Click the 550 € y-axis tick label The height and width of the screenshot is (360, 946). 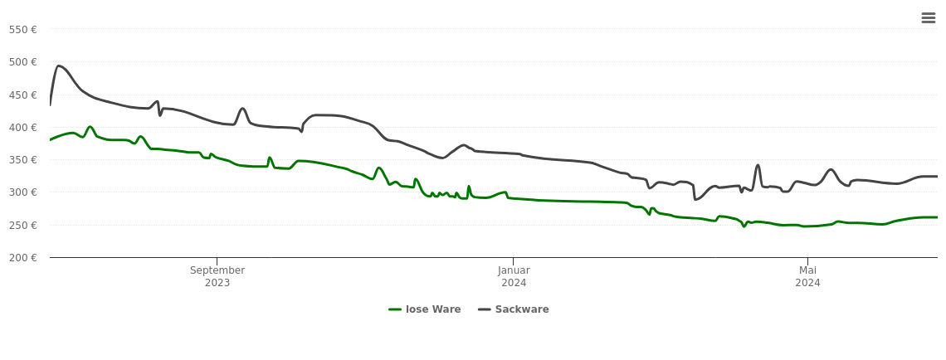coord(23,30)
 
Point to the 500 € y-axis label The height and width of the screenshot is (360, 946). coord(23,62)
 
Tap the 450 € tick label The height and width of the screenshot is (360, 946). coord(23,95)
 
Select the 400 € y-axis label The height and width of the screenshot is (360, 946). coord(23,128)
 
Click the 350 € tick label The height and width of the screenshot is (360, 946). coord(23,160)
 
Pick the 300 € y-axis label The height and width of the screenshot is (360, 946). coord(23,192)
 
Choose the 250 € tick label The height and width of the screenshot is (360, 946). coord(23,226)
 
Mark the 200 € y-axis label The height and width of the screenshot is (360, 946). coord(23,258)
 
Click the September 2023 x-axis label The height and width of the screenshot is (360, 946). coord(217,276)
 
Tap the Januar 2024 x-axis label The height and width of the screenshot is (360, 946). coord(514,276)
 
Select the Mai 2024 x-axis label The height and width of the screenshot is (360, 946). coord(807,276)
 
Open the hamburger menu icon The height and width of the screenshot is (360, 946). coord(929,18)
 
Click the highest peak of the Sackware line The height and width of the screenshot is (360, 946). coord(58,66)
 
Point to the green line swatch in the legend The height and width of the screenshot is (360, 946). coord(396,309)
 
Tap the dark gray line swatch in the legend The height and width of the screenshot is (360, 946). coord(485,309)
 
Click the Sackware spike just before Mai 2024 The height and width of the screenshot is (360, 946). coord(758,165)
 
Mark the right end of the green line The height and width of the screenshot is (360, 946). coord(937,217)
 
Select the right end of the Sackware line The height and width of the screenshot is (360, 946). coord(937,176)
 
